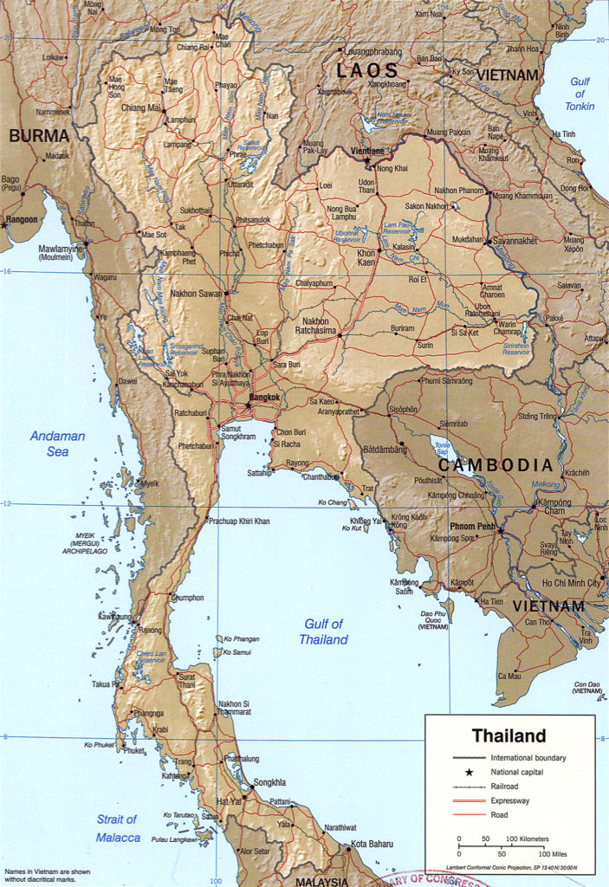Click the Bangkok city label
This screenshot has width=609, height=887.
pos(264,398)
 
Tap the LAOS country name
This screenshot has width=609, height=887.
pos(367,71)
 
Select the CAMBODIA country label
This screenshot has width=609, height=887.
pos(495,465)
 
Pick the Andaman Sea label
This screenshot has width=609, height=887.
pos(58,443)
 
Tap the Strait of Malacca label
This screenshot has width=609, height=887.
pos(116,828)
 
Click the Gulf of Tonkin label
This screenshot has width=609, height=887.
pos(579,94)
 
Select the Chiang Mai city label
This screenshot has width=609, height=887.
pos(141,108)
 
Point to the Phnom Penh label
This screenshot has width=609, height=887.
pos(473,526)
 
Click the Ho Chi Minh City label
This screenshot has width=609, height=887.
pos(571,583)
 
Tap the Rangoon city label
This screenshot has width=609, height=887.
pos(21,219)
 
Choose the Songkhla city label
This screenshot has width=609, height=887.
pos(269,782)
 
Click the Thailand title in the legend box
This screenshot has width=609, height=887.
pos(509,736)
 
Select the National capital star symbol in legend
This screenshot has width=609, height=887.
pos(470,772)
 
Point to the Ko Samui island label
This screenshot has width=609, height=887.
pos(237,651)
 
